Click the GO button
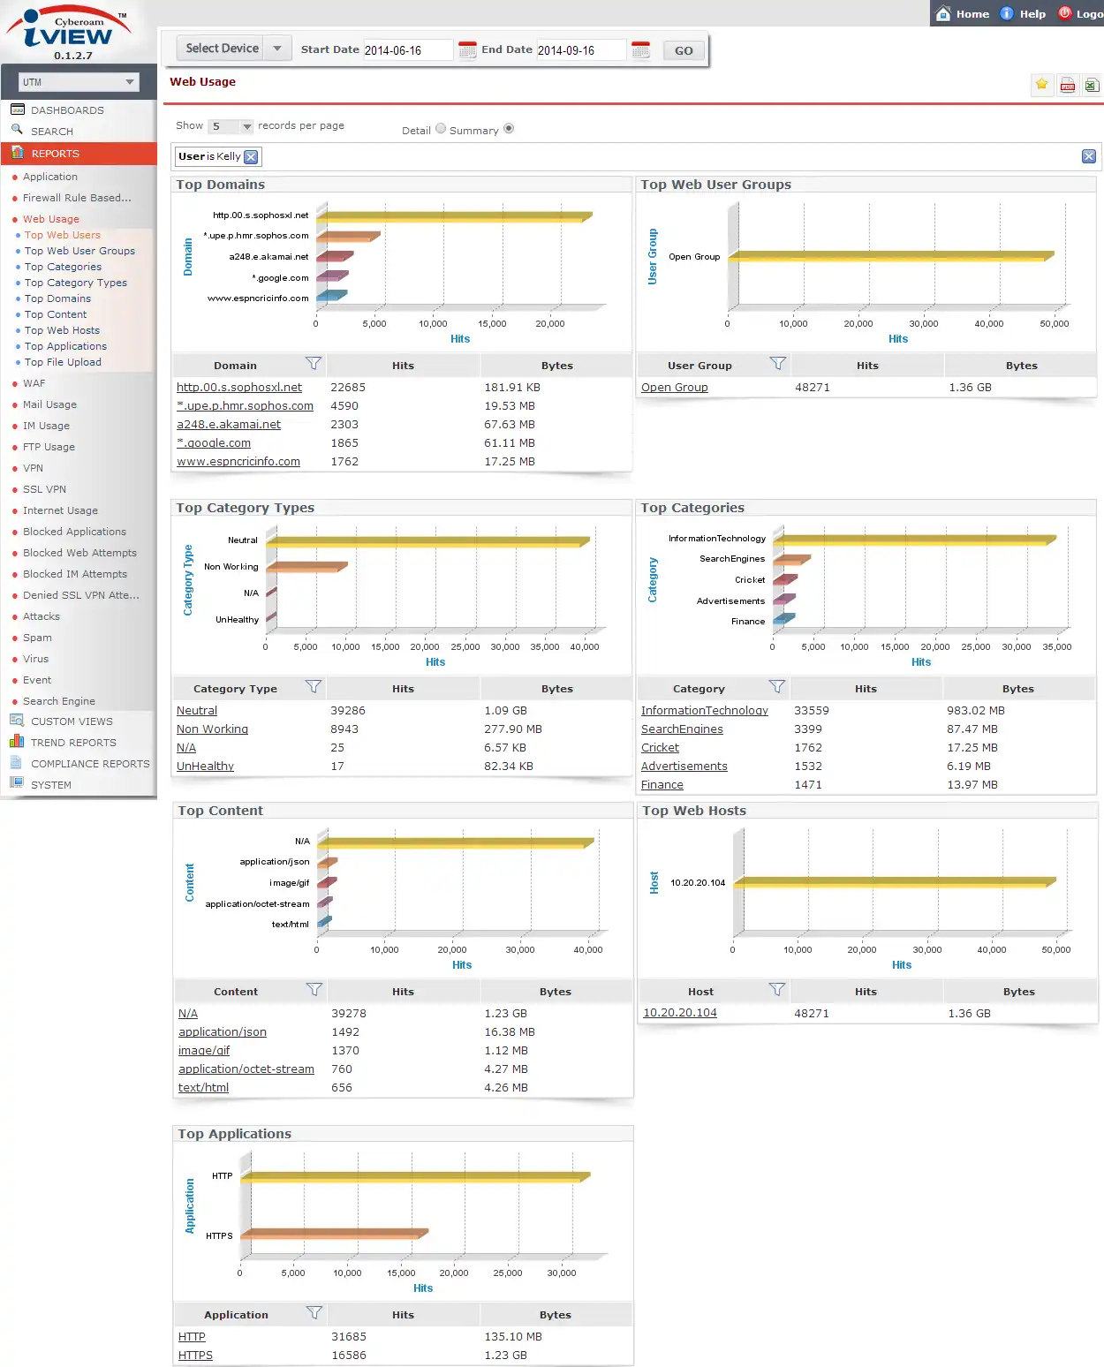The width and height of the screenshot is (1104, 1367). (x=684, y=50)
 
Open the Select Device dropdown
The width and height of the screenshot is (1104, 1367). (x=233, y=49)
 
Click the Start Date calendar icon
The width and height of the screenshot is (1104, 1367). (x=467, y=50)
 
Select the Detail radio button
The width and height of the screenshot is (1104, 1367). (x=441, y=129)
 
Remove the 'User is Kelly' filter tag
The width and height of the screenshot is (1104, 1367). (x=252, y=157)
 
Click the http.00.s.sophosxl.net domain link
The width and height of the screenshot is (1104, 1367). (x=239, y=388)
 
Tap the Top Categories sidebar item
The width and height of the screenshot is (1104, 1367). (x=63, y=267)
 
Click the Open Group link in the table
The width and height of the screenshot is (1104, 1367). (x=674, y=388)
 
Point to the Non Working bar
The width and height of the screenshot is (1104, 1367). (x=305, y=567)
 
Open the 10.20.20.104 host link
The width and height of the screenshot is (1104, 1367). (x=679, y=1013)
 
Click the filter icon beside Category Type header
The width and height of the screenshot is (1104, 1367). (x=313, y=687)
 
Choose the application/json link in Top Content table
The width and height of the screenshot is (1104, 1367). (x=222, y=1032)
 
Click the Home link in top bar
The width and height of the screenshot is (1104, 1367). (x=964, y=13)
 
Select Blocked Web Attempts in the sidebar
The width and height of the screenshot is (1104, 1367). (x=79, y=553)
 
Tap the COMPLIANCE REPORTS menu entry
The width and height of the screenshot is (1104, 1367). (x=90, y=764)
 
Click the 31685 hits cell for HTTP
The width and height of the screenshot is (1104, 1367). (x=348, y=1337)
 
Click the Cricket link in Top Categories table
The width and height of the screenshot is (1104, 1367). (x=660, y=748)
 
